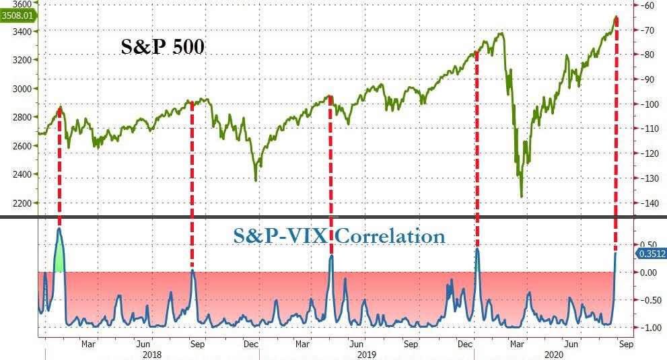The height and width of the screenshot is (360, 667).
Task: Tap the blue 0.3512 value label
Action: click(x=650, y=254)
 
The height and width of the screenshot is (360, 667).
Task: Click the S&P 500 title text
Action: click(x=162, y=46)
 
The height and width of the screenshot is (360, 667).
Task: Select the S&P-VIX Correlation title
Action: click(x=339, y=236)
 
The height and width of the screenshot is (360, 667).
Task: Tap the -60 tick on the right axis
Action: click(x=648, y=5)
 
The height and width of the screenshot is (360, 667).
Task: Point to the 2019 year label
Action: click(x=367, y=353)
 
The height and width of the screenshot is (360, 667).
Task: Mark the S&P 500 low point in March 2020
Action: click(x=522, y=196)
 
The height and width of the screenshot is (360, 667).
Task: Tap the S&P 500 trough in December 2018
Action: click(x=256, y=180)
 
